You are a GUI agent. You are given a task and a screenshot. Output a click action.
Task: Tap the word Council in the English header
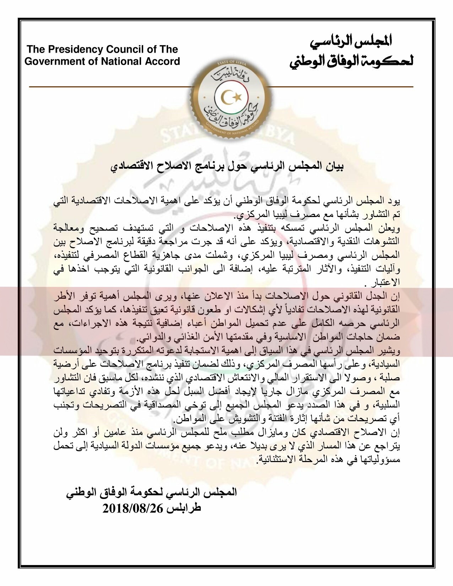[x=122, y=49]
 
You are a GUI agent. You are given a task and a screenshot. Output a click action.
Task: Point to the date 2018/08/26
[x=132, y=508]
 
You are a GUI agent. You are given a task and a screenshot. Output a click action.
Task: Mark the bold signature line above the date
[x=151, y=493]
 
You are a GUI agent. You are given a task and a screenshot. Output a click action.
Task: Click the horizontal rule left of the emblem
[x=107, y=87]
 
